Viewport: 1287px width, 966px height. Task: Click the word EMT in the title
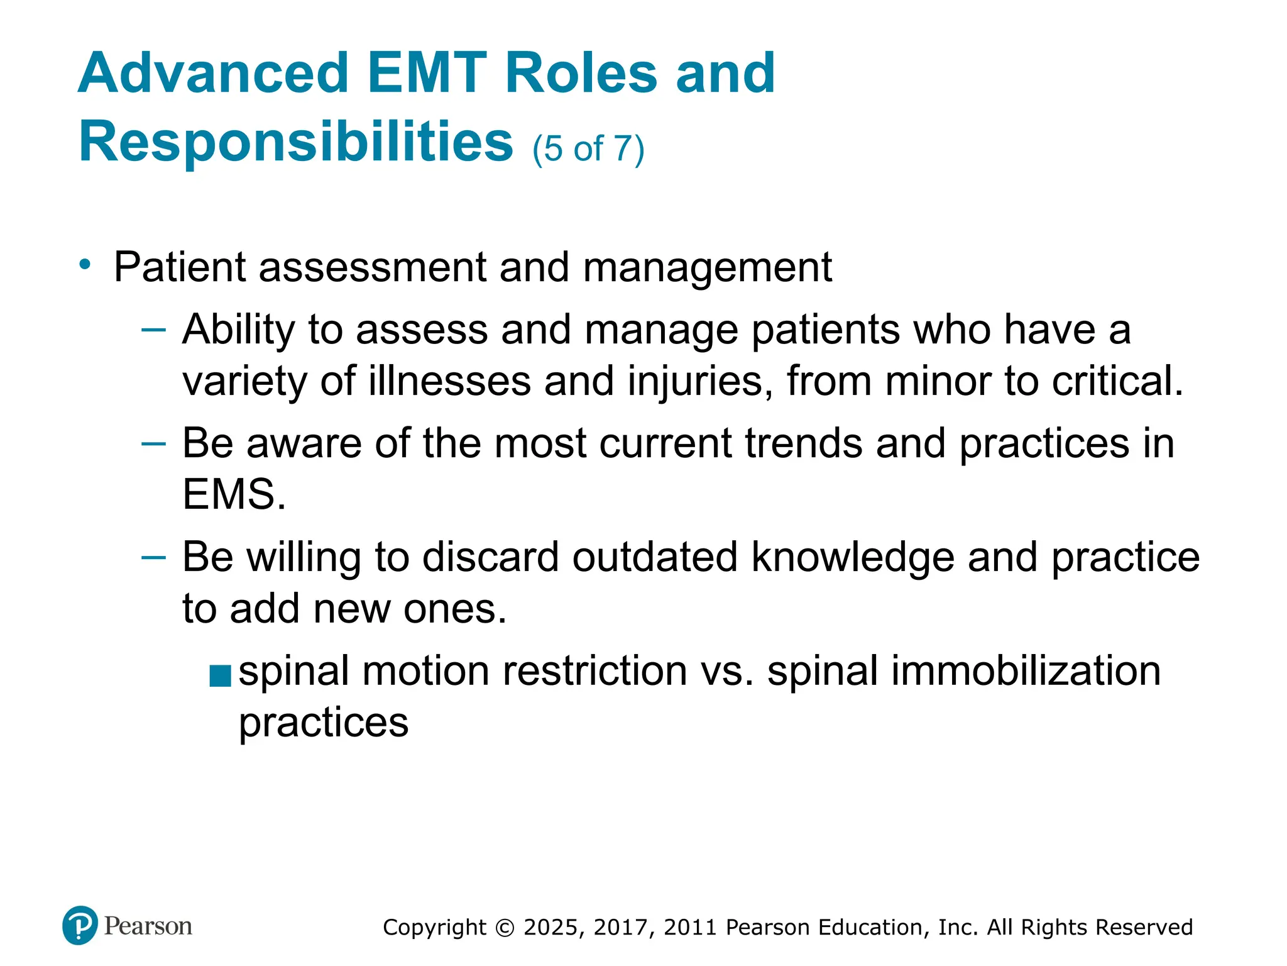click(x=427, y=74)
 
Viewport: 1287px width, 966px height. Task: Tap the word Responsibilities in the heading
click(x=296, y=143)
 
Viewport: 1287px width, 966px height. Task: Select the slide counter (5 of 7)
click(x=588, y=148)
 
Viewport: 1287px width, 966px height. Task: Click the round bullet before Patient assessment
click(x=85, y=264)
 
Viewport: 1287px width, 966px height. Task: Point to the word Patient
click(x=180, y=267)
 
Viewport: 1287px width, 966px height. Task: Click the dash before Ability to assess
click(x=154, y=329)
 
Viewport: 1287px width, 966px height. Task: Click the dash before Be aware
click(x=154, y=443)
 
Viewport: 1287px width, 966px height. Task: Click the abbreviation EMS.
click(x=234, y=495)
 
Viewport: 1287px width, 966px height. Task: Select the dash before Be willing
click(x=154, y=557)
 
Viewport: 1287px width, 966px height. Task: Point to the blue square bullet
click(x=221, y=677)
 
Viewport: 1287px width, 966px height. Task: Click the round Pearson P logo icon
click(x=80, y=926)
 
